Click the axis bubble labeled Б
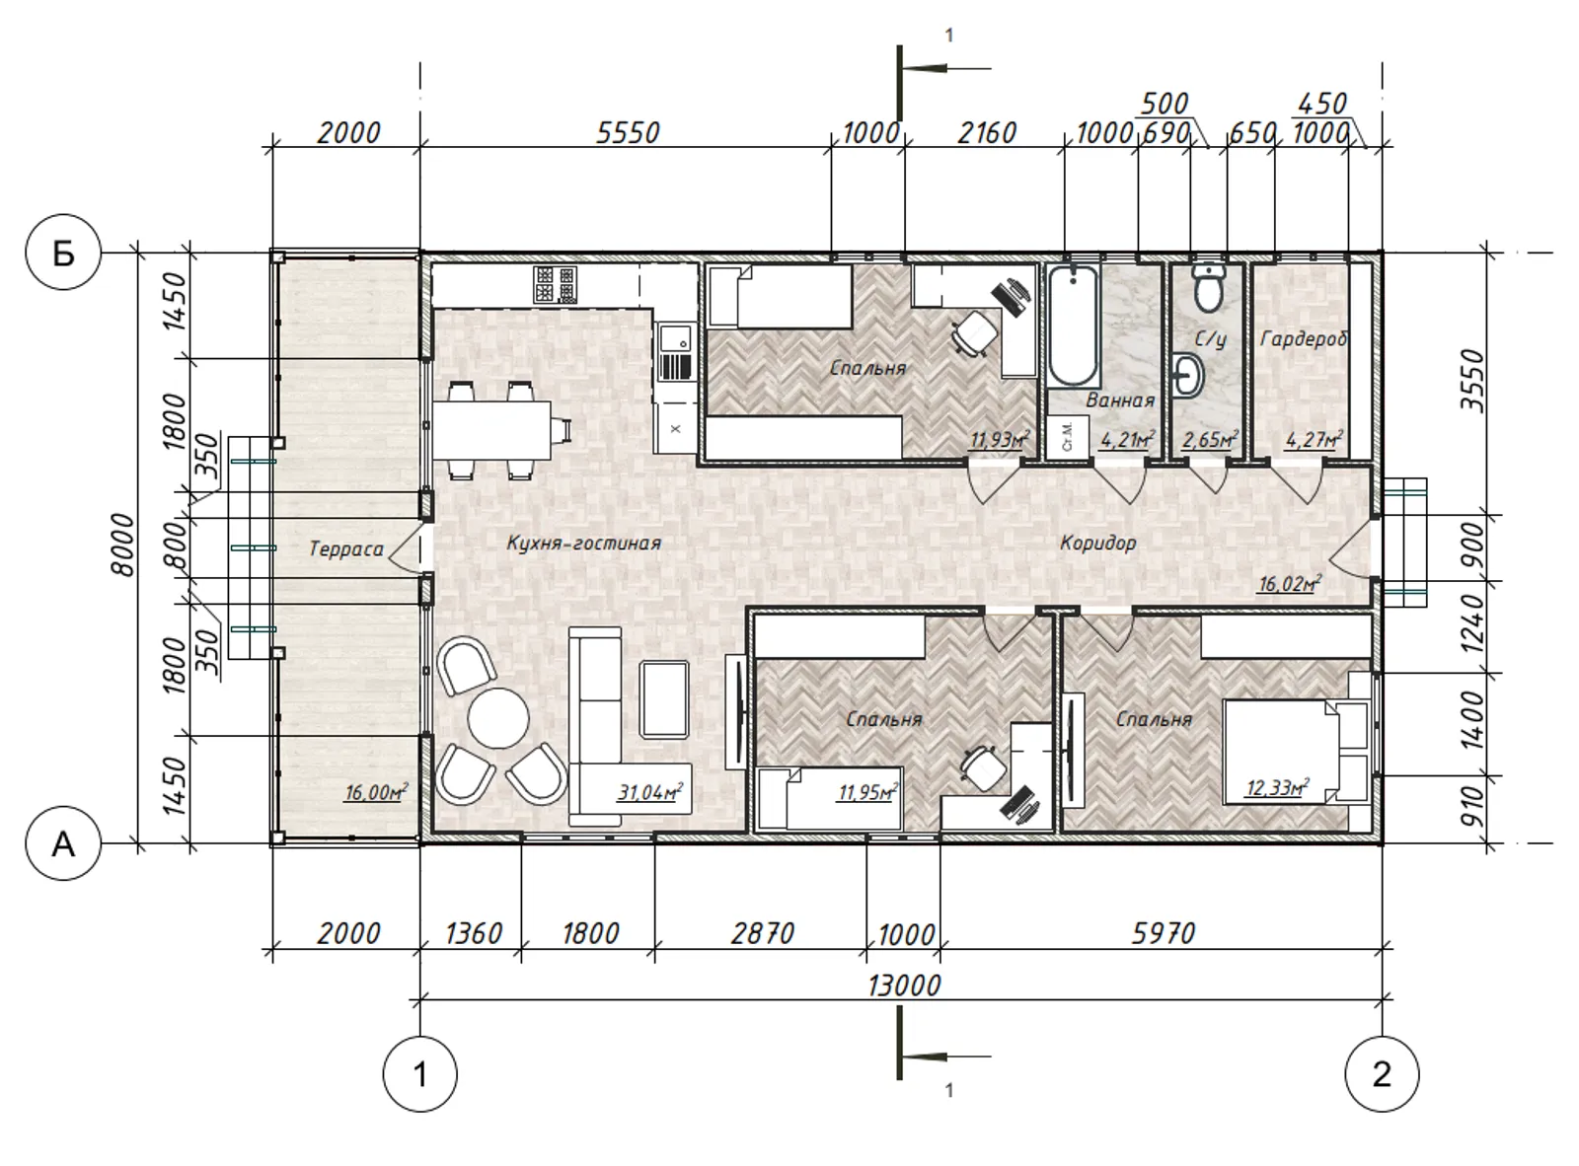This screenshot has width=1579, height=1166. [x=63, y=252]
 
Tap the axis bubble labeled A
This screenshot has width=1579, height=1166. [x=63, y=843]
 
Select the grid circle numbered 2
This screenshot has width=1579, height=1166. [x=1382, y=1073]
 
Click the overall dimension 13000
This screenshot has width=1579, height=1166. [x=904, y=985]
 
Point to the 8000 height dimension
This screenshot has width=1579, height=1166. [x=122, y=545]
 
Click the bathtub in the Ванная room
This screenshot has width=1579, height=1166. [x=1074, y=327]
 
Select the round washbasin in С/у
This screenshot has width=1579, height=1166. [x=1187, y=374]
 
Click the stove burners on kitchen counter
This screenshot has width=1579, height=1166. [x=556, y=284]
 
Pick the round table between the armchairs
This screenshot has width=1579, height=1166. [x=498, y=717]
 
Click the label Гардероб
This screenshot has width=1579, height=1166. [x=1304, y=338]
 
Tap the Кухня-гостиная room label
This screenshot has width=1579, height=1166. [x=584, y=544]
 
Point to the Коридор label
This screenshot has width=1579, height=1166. [x=1097, y=544]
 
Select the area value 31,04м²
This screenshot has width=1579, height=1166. [x=650, y=791]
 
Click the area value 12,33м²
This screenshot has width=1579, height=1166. [x=1278, y=787]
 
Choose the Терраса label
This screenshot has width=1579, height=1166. [x=346, y=548]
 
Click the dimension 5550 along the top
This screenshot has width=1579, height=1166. [x=628, y=132]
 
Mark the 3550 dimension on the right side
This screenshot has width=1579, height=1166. [x=1472, y=380]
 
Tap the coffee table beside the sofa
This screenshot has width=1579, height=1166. [x=663, y=699]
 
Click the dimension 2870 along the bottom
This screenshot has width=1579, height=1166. [x=762, y=933]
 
